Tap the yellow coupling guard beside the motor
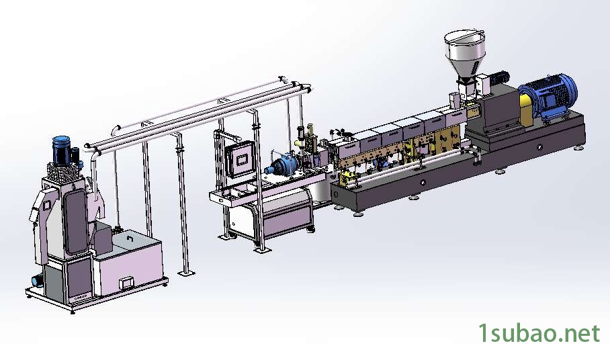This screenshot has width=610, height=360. click(x=526, y=110)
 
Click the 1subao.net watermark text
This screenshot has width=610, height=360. click(x=539, y=333)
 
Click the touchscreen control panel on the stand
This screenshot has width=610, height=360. click(x=240, y=159)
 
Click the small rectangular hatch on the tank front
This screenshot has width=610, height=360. click(x=127, y=282)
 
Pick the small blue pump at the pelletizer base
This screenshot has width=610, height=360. click(x=38, y=280)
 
